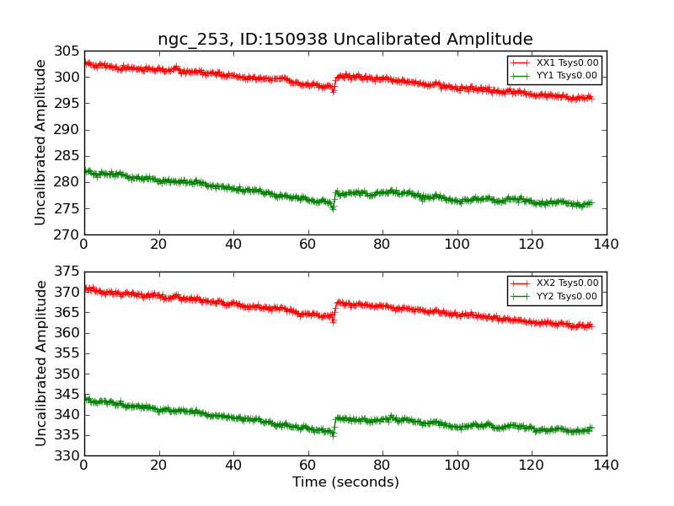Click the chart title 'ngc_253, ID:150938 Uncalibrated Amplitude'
pyautogui.click(x=345, y=40)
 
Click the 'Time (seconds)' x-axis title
pyautogui.click(x=345, y=482)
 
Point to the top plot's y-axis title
pyautogui.click(x=41, y=143)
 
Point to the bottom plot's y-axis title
pyautogui.click(x=41, y=363)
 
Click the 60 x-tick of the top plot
pyautogui.click(x=308, y=245)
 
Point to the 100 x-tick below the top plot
pyautogui.click(x=457, y=245)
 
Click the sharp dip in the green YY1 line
pyautogui.click(x=333, y=207)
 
